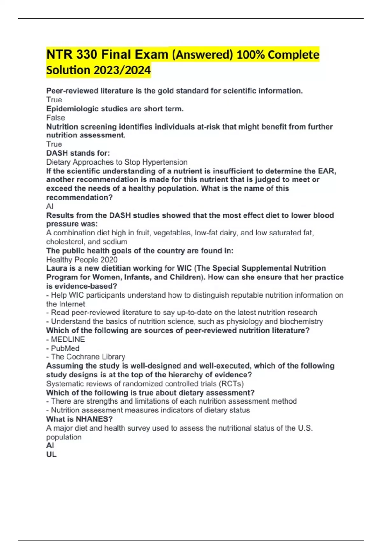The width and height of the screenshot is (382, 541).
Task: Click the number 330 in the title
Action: (x=87, y=54)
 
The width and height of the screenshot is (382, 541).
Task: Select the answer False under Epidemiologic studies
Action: (x=56, y=118)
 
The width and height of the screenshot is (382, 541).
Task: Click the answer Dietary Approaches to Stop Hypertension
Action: (x=117, y=162)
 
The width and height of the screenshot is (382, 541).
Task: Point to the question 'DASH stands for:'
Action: (x=78, y=153)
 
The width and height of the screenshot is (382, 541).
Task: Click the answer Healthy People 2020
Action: (x=82, y=260)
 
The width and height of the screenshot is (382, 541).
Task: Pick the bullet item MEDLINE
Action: (x=67, y=339)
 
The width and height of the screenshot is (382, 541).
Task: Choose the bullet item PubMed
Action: (x=65, y=348)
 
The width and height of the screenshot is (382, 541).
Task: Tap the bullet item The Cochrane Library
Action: (x=88, y=357)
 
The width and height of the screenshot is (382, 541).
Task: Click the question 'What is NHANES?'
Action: (x=79, y=419)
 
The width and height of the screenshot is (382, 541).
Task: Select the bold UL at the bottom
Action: (x=51, y=454)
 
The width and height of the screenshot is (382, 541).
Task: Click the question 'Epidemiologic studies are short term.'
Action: (x=115, y=109)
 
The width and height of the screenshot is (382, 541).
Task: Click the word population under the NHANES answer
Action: (x=64, y=437)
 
